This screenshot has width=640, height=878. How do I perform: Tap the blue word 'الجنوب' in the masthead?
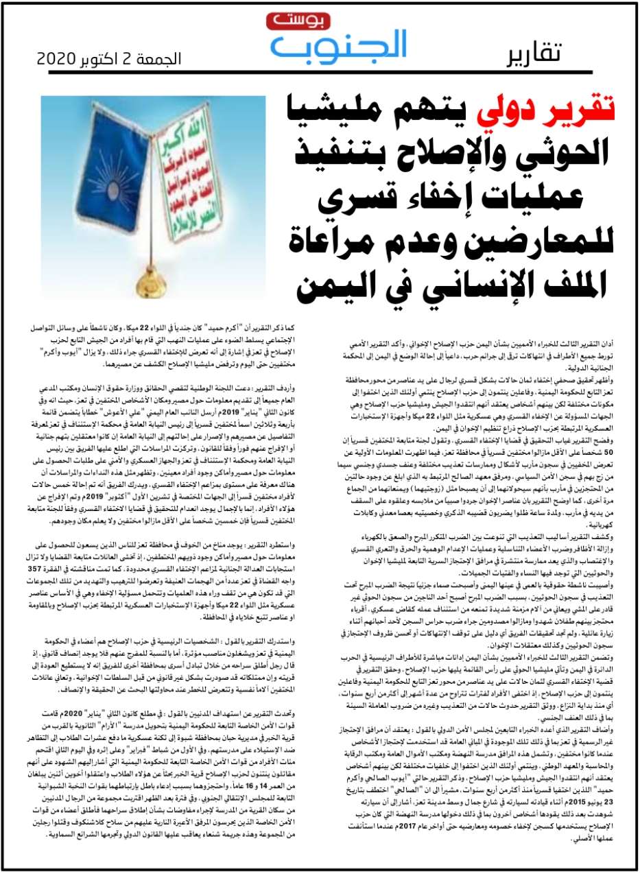339,45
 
